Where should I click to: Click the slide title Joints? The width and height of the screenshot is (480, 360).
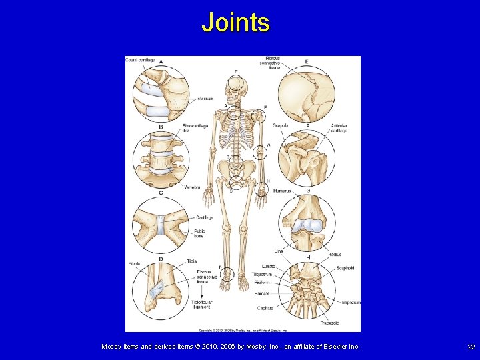pyautogui.click(x=235, y=23)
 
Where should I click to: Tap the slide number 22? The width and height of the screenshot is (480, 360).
pyautogui.click(x=471, y=347)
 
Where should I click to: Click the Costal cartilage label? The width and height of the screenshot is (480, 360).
pyautogui.click(x=141, y=60)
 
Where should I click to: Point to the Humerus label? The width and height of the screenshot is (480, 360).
pyautogui.click(x=282, y=191)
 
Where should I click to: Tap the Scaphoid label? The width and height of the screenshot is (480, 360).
pyautogui.click(x=345, y=268)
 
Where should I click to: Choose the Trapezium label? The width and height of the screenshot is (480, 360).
pyautogui.click(x=351, y=302)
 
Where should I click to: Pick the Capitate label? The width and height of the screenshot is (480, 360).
pyautogui.click(x=265, y=308)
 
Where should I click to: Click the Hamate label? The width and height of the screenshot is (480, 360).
pyautogui.click(x=262, y=293)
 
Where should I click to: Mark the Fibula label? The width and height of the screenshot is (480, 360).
pyautogui.click(x=134, y=264)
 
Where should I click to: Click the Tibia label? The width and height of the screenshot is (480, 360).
pyautogui.click(x=192, y=261)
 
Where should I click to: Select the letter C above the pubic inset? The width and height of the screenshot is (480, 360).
pyautogui.click(x=161, y=193)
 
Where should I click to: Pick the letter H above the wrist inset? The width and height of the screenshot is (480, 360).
pyautogui.click(x=308, y=257)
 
